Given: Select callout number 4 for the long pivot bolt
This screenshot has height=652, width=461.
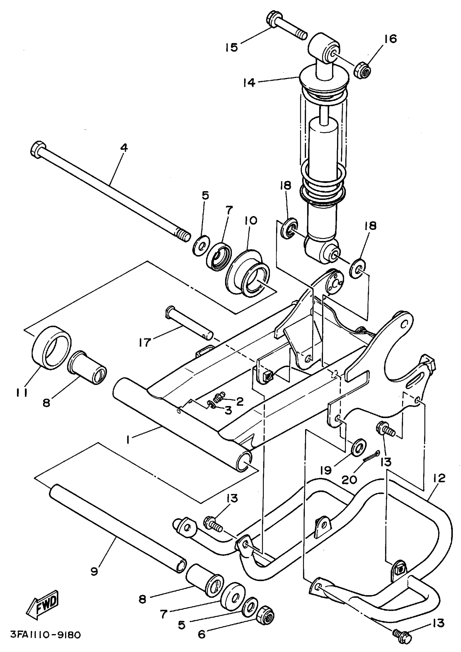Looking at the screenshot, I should [124, 148].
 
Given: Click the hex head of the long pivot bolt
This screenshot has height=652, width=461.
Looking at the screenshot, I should [37, 149].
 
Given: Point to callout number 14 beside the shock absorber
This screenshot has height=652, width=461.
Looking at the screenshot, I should [249, 83].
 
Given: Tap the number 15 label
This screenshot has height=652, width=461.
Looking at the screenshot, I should [232, 47].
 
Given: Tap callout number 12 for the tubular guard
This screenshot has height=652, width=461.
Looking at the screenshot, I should [440, 479].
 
